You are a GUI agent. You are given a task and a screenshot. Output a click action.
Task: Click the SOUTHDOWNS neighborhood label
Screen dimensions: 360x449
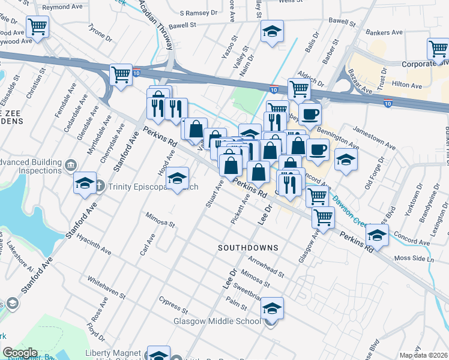point(248,247)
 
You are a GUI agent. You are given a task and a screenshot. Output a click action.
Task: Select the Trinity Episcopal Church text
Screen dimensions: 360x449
point(153,187)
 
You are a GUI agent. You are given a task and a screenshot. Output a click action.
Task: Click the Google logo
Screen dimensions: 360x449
point(20,353)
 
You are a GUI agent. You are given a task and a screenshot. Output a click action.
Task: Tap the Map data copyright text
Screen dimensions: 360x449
point(424,355)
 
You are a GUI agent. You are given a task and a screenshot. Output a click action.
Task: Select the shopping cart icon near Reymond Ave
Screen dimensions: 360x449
point(38,27)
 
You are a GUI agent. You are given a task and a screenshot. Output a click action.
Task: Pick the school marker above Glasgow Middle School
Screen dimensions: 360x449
point(272,309)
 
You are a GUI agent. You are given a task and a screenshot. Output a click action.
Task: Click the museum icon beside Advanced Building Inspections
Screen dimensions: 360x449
point(71,164)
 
